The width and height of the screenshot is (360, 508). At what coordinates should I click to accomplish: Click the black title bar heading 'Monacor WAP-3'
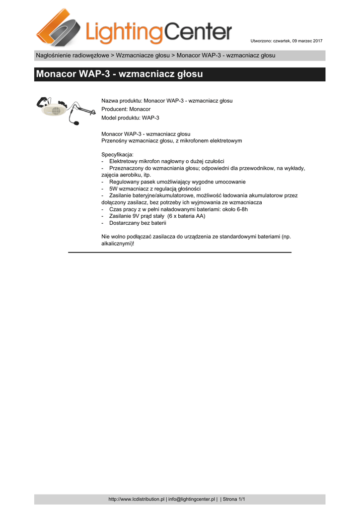click(120, 75)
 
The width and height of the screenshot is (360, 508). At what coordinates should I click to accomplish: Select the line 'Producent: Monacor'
click(126, 109)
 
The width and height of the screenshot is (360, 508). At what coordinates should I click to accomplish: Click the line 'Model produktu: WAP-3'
click(130, 118)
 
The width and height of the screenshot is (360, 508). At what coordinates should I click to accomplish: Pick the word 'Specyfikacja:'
click(117, 154)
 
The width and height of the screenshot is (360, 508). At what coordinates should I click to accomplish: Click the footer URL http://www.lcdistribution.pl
click(136, 499)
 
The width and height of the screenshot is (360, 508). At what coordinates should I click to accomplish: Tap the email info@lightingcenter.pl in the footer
click(191, 499)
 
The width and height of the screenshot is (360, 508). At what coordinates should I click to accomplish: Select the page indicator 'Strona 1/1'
click(234, 499)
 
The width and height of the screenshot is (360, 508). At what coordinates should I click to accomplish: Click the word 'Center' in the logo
click(198, 33)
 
